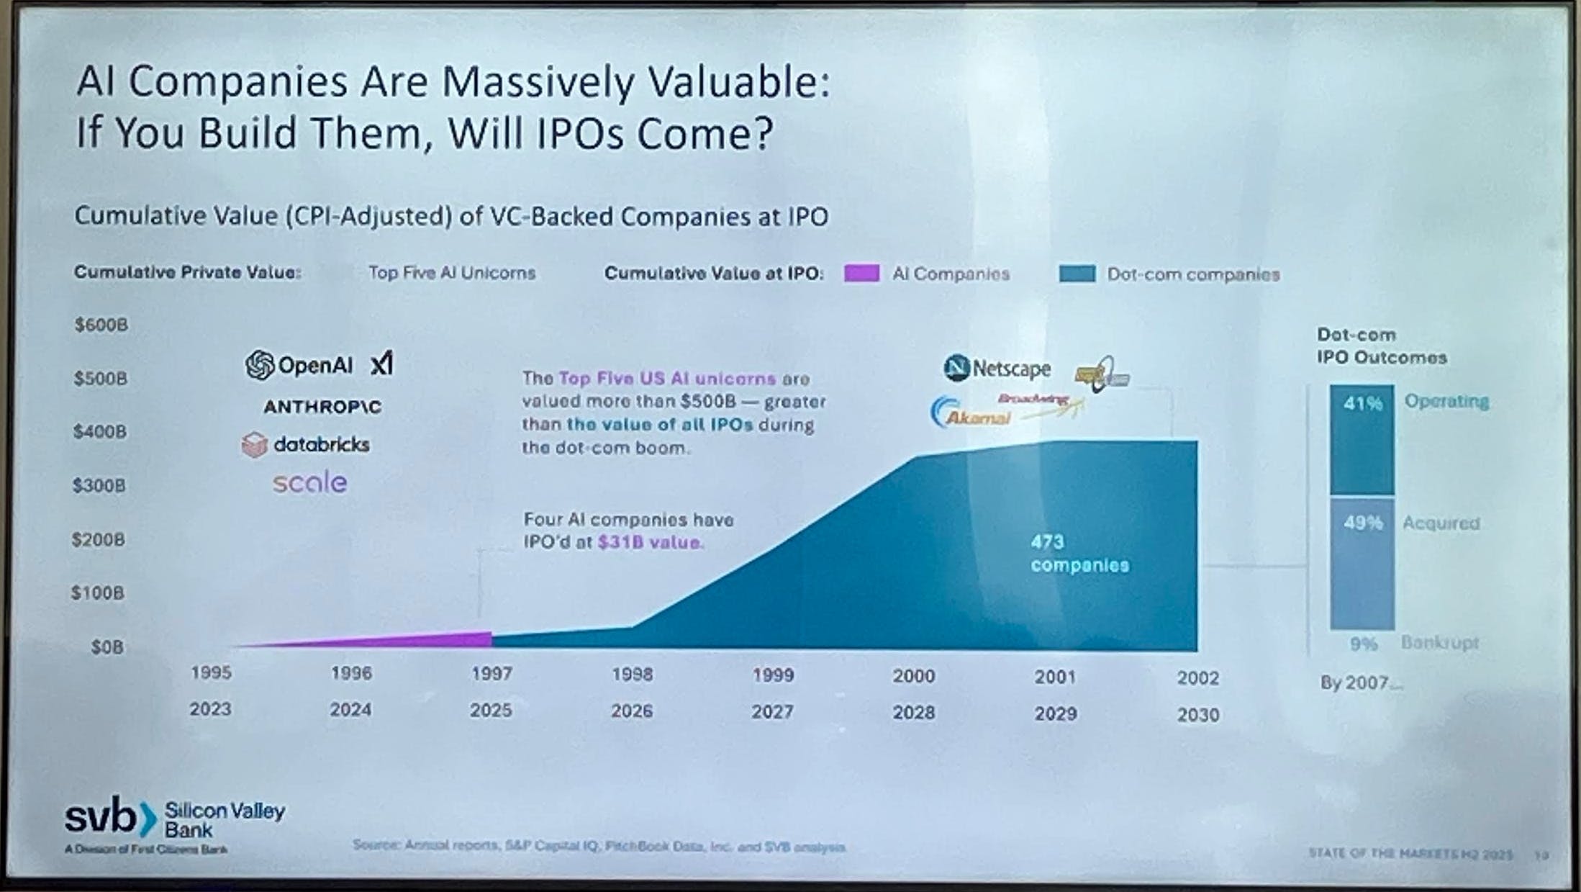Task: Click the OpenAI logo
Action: tap(299, 365)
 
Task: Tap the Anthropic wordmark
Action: tap(322, 407)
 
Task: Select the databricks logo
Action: tap(306, 445)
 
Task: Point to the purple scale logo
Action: tap(309, 482)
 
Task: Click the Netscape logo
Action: tap(997, 368)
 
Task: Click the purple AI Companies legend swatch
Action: tap(861, 274)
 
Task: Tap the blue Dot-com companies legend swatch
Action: tap(1077, 274)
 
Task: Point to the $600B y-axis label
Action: tap(101, 325)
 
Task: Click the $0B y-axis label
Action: tap(107, 647)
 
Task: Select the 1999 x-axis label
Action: tap(773, 675)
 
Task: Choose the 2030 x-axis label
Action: tap(1198, 715)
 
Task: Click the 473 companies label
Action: tap(1079, 553)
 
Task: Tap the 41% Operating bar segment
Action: tap(1362, 439)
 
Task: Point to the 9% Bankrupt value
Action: tap(1363, 643)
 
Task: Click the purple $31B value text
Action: tap(649, 542)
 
